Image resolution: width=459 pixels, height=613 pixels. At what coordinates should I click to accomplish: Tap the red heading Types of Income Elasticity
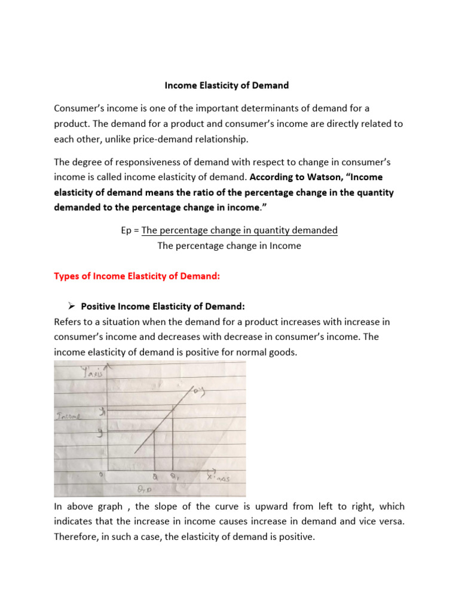(x=137, y=276)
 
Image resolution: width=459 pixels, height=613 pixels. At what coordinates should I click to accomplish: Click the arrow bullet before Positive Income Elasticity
(x=68, y=306)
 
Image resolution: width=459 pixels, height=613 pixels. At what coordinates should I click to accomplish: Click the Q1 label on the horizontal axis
(x=174, y=478)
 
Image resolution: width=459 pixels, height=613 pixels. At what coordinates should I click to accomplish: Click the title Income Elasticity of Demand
(x=227, y=86)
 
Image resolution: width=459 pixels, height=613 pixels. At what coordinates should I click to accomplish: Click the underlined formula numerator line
(x=239, y=230)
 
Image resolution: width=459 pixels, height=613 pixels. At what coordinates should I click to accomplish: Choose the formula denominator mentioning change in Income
(x=229, y=245)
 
